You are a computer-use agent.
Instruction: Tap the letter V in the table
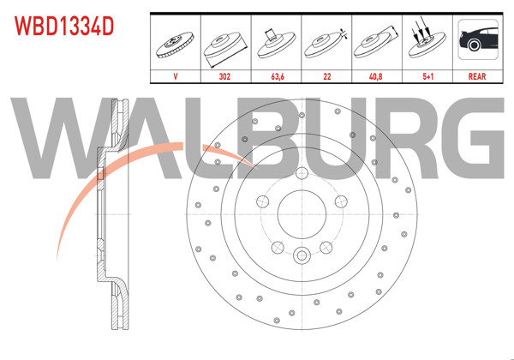point(175,75)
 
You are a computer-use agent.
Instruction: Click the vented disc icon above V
point(175,41)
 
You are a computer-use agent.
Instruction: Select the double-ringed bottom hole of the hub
point(302,255)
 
